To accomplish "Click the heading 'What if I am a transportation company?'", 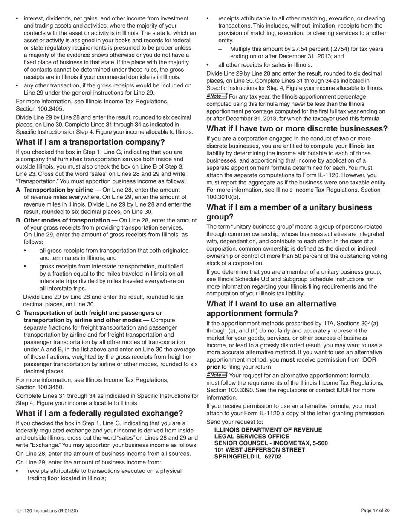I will (x=90, y=142).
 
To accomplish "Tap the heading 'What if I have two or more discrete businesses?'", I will (x=297, y=128).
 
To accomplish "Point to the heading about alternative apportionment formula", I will (x=271, y=309).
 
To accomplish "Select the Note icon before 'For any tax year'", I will (x=217, y=96).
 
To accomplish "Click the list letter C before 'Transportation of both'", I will (x=18, y=313).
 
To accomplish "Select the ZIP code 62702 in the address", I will (x=273, y=456).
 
